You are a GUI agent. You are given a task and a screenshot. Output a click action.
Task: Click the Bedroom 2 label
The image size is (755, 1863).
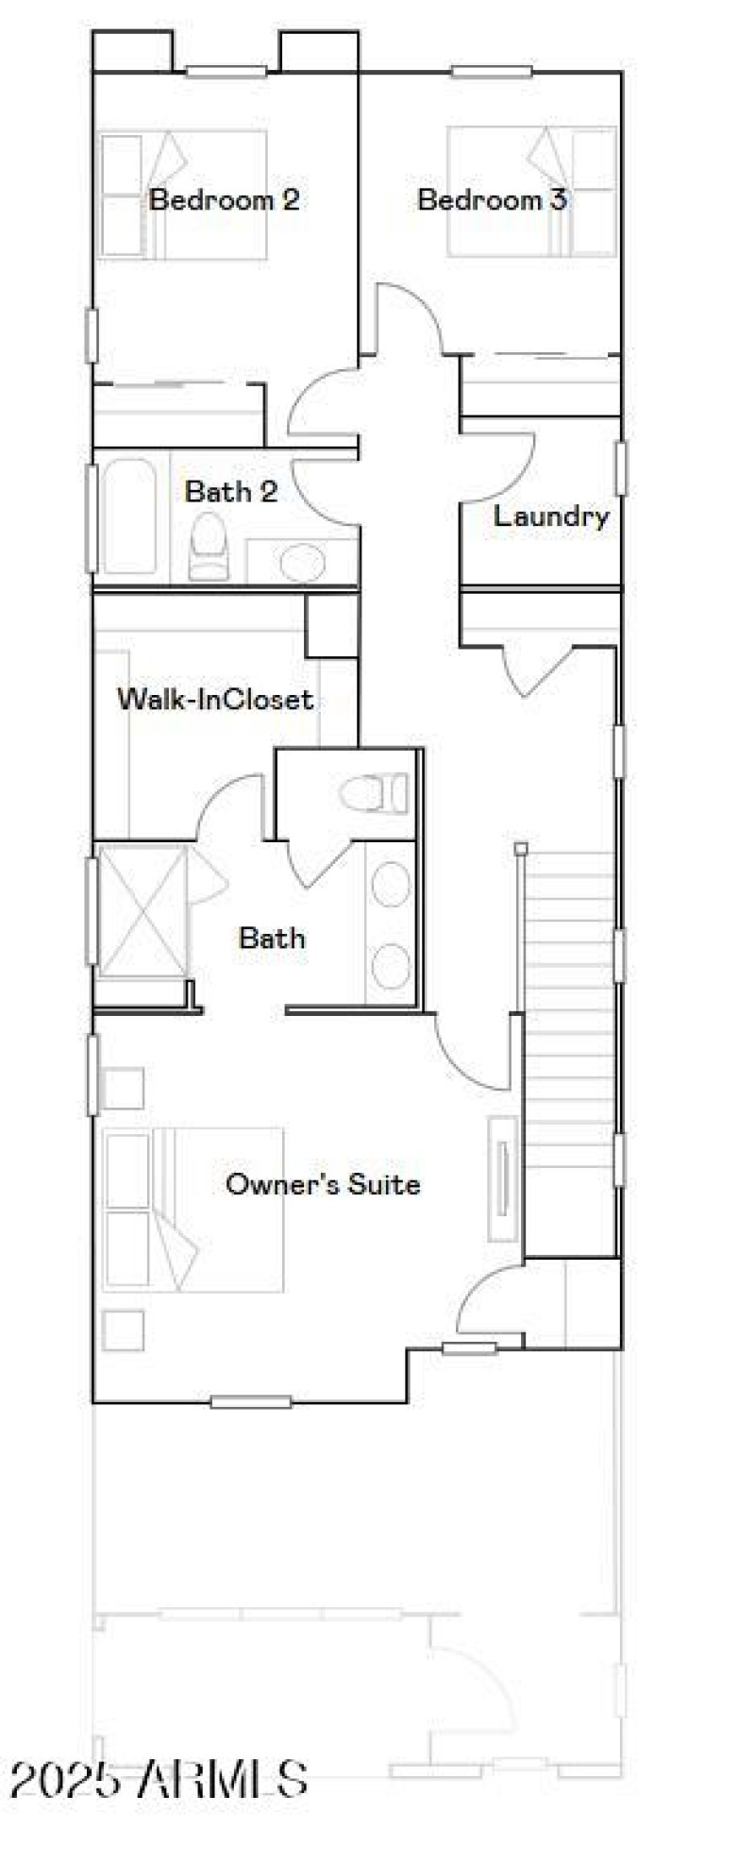point(225,200)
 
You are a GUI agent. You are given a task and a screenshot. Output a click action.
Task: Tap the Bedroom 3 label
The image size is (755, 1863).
point(492,200)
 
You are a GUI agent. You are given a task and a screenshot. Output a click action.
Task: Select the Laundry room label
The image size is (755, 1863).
point(551,517)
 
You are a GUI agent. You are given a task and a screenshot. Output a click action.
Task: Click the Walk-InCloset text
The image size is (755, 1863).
point(214,700)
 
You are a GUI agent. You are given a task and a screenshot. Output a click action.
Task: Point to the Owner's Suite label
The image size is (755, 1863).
point(323,1184)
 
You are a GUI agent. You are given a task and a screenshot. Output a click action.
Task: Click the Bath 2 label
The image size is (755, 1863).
point(231,491)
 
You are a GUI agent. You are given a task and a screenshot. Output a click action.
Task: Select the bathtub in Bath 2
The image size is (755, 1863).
point(129,516)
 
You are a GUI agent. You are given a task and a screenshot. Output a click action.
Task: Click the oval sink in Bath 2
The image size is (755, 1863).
point(302,563)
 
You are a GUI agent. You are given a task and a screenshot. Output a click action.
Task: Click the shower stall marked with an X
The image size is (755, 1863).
point(142,911)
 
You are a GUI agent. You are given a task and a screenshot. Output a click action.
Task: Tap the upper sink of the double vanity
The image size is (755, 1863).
point(390,885)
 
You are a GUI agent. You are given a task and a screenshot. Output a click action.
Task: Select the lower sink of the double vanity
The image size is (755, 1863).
point(390,966)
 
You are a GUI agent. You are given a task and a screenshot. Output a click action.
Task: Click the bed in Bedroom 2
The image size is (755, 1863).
point(183,195)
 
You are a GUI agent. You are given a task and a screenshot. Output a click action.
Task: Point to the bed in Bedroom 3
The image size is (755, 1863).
point(531,193)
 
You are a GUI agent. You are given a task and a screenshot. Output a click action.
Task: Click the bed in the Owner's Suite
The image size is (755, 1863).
point(193,1210)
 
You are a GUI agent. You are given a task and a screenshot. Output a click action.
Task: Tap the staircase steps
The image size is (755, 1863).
point(569,1048)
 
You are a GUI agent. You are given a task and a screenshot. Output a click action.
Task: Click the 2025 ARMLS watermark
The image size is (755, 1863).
point(159,1779)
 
